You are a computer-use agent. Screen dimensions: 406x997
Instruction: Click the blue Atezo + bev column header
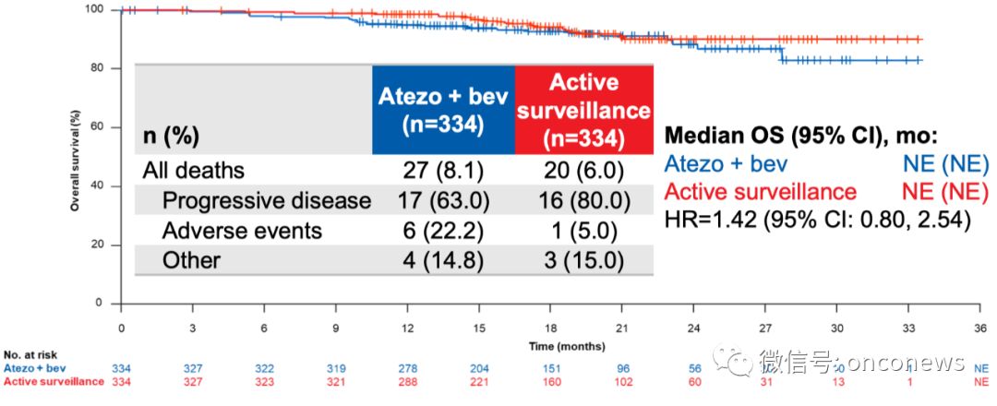coord(443,109)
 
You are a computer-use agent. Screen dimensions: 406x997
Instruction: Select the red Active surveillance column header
coord(583,109)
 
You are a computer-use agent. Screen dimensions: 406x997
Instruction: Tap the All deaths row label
coord(193,171)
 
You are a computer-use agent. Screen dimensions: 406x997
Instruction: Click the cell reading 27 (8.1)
coord(443,171)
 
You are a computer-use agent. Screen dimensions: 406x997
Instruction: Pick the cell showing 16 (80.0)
coord(583,200)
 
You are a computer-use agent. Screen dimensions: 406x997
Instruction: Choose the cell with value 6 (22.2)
coord(443,231)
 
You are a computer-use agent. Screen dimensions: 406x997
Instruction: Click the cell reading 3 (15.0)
coord(583,260)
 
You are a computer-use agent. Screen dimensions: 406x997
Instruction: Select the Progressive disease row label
coord(266,200)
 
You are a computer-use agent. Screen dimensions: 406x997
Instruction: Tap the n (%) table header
coord(172,137)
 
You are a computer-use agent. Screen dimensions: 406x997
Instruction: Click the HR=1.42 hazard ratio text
coord(817,220)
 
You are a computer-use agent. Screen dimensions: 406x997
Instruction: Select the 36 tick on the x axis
coord(980,328)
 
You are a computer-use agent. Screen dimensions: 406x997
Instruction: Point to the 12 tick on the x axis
coord(408,328)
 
